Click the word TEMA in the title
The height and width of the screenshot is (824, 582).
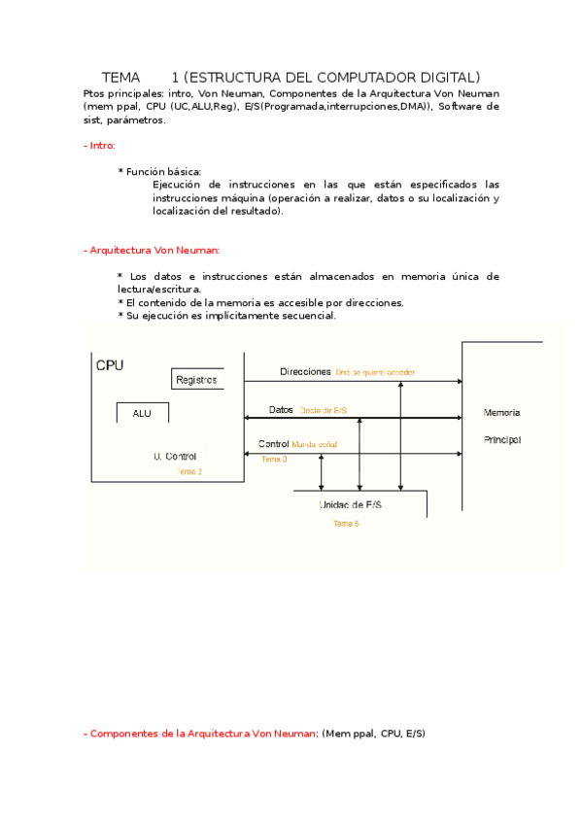tap(121, 77)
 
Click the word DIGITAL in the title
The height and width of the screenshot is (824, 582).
tap(444, 77)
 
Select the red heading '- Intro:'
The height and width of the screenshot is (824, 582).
tap(100, 145)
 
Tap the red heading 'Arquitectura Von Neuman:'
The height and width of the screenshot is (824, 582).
tap(155, 250)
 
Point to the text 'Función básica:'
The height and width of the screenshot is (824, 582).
tap(163, 171)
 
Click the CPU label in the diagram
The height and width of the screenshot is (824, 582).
tap(110, 365)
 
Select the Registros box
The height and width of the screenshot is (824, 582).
tap(197, 379)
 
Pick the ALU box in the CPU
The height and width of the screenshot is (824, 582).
tap(142, 413)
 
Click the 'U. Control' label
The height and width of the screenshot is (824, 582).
tap(175, 456)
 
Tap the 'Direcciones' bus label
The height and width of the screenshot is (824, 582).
tap(305, 372)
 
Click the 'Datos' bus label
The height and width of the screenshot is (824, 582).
tap(281, 410)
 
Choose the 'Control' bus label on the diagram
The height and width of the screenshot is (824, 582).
tap(273, 444)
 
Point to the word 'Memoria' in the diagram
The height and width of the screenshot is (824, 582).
tap(501, 413)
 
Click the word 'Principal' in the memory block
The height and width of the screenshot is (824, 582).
tap(501, 439)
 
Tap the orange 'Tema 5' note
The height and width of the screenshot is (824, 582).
tap(346, 524)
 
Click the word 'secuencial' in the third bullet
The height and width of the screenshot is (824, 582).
tap(305, 315)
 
